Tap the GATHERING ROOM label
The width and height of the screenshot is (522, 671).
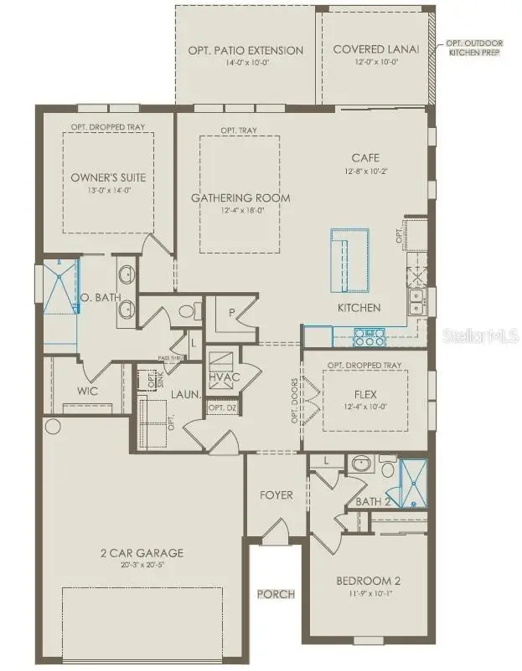pyautogui.click(x=240, y=197)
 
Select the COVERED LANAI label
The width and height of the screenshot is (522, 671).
pyautogui.click(x=376, y=49)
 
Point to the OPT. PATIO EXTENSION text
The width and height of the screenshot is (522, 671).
pyautogui.click(x=245, y=50)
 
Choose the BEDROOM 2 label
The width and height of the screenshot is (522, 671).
pyautogui.click(x=364, y=581)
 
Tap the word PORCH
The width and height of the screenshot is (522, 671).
pyautogui.click(x=276, y=594)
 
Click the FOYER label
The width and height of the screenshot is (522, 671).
pyautogui.click(x=276, y=495)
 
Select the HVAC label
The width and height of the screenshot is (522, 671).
pyautogui.click(x=224, y=377)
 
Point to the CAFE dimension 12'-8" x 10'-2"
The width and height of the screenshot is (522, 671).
pyautogui.click(x=365, y=172)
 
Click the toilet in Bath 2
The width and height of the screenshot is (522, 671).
pyautogui.click(x=386, y=464)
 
